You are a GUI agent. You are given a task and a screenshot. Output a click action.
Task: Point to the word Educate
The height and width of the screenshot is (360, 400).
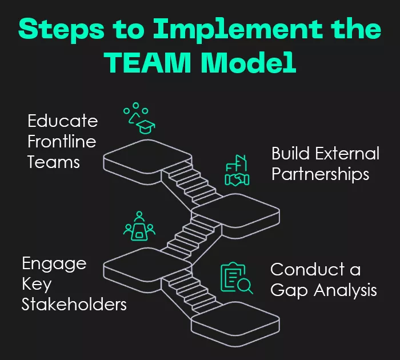coord(63,122)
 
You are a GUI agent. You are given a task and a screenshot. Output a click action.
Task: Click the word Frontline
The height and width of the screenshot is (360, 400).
coord(62,142)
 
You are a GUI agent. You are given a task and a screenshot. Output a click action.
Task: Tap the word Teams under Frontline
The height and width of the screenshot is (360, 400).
coord(54,162)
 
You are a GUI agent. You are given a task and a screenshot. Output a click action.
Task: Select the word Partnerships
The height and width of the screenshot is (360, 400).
coord(320,174)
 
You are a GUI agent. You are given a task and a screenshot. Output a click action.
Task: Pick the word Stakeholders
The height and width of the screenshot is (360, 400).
coord(74,304)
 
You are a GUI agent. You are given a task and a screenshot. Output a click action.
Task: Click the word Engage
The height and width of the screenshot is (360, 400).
coord(54,264)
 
